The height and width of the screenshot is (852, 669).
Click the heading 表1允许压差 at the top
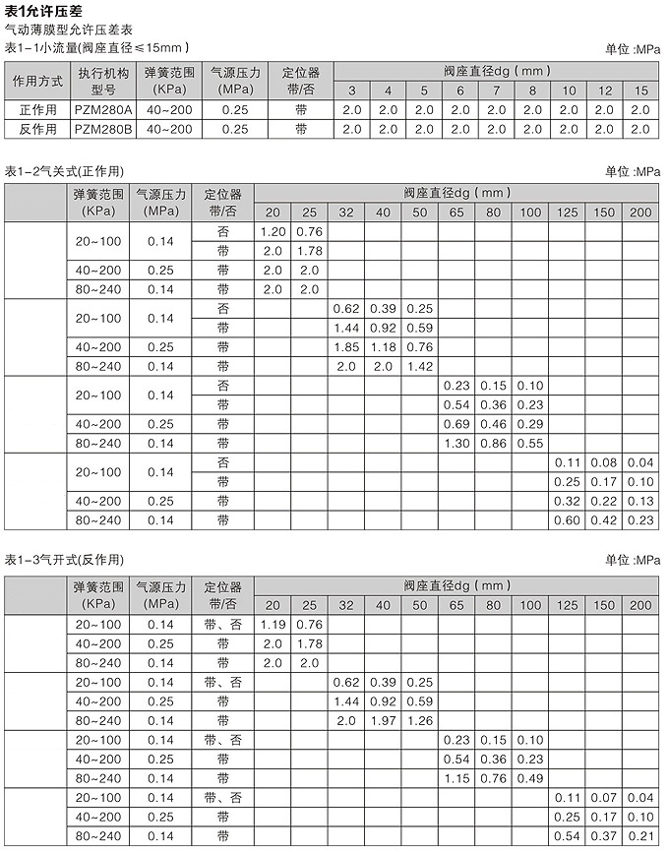(x=43, y=11)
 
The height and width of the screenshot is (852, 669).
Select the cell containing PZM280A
(x=102, y=110)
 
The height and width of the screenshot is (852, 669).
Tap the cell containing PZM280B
(x=102, y=129)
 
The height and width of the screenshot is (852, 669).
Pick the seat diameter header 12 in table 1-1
(x=605, y=91)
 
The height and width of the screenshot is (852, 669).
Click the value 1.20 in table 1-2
(x=273, y=231)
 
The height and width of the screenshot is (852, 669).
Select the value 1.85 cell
(x=346, y=346)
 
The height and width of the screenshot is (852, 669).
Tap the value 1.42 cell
(x=420, y=366)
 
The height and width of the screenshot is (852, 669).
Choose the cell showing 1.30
(x=456, y=443)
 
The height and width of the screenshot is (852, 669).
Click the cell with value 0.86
(x=494, y=443)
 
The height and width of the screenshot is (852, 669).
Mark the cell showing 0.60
(x=568, y=519)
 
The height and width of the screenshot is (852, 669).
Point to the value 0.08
(x=604, y=461)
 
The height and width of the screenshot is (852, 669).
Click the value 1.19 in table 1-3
(x=273, y=624)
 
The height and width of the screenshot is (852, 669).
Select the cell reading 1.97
(x=383, y=720)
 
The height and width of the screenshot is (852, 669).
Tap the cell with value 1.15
(x=456, y=778)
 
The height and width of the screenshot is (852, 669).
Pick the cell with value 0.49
(x=530, y=778)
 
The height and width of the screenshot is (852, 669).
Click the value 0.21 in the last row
(x=640, y=836)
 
